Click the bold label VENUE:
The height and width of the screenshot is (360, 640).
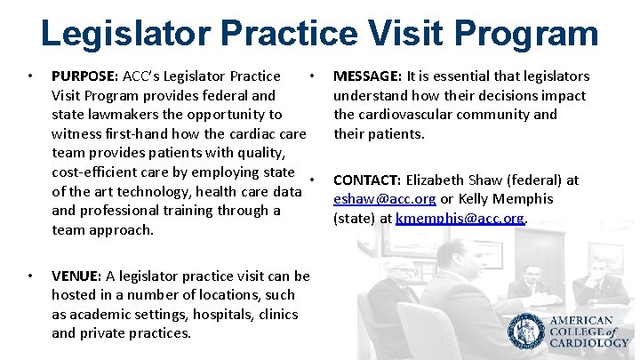tap(76, 276)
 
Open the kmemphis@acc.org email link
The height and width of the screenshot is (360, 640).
tap(460, 218)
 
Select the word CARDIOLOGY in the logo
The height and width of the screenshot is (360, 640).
tap(588, 342)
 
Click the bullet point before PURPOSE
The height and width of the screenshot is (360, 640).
tap(31, 76)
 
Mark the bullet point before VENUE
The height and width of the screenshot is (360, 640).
tap(31, 276)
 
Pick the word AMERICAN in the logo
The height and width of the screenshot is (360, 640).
tap(581, 321)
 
